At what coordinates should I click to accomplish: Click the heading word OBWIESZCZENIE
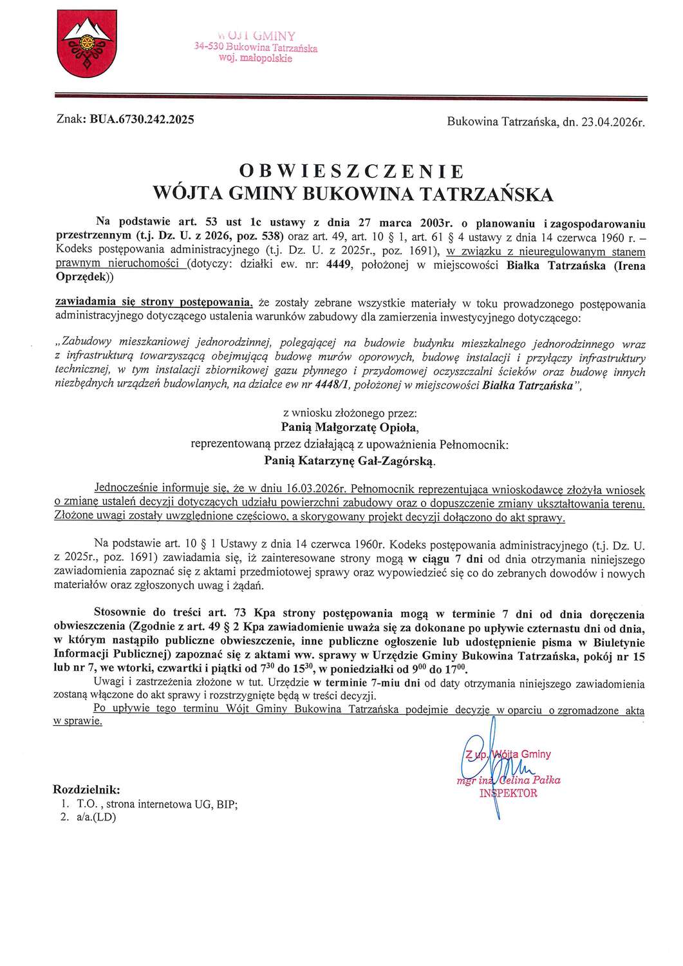tap(351, 171)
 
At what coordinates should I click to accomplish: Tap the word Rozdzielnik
tap(86, 790)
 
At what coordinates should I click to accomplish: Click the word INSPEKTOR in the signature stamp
tap(508, 793)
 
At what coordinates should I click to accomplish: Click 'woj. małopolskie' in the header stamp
tap(256, 58)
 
